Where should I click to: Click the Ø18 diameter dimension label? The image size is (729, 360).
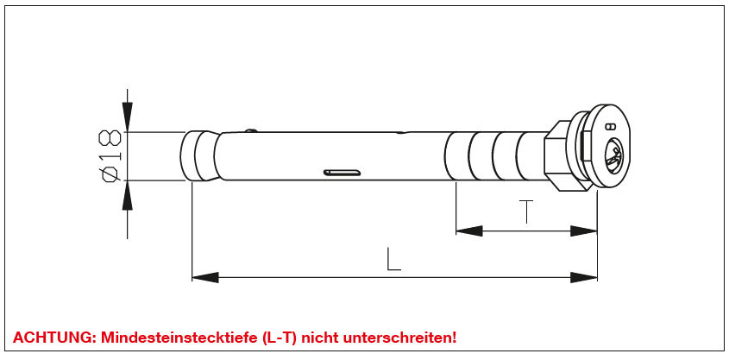click(x=110, y=155)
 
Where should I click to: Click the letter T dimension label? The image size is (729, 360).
click(x=525, y=212)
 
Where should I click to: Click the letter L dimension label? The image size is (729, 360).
click(x=393, y=259)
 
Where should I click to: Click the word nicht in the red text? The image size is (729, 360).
click(x=320, y=338)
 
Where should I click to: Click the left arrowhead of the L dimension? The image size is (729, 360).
click(x=205, y=278)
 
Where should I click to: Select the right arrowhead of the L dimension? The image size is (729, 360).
click(x=584, y=278)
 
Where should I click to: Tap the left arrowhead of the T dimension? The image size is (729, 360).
click(x=469, y=231)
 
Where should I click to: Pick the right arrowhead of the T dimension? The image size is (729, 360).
click(x=584, y=231)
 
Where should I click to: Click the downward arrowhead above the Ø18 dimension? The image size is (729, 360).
click(x=128, y=117)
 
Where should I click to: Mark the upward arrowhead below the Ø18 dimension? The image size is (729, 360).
click(x=128, y=195)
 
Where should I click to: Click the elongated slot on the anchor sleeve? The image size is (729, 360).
click(x=343, y=173)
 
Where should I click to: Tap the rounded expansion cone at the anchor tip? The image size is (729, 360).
click(x=199, y=155)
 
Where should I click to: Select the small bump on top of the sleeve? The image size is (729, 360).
click(x=251, y=130)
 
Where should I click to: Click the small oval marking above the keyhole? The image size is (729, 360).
click(x=611, y=126)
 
